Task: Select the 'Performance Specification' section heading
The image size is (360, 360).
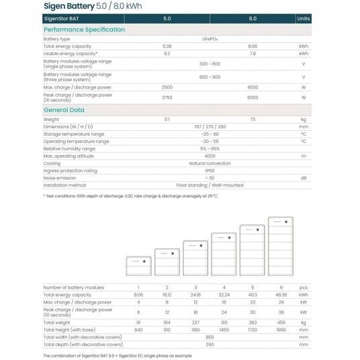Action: pos(84,30)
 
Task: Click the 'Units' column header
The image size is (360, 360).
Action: pos(304,19)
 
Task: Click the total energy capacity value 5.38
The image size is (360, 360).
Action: pos(167,46)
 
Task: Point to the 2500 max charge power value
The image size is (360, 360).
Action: pos(167,87)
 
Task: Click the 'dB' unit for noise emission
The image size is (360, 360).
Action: pos(304,178)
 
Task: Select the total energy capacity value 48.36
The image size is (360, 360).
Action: pos(281,294)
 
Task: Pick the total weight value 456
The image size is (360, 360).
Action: pos(281,321)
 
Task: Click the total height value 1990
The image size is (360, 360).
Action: pos(281,330)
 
